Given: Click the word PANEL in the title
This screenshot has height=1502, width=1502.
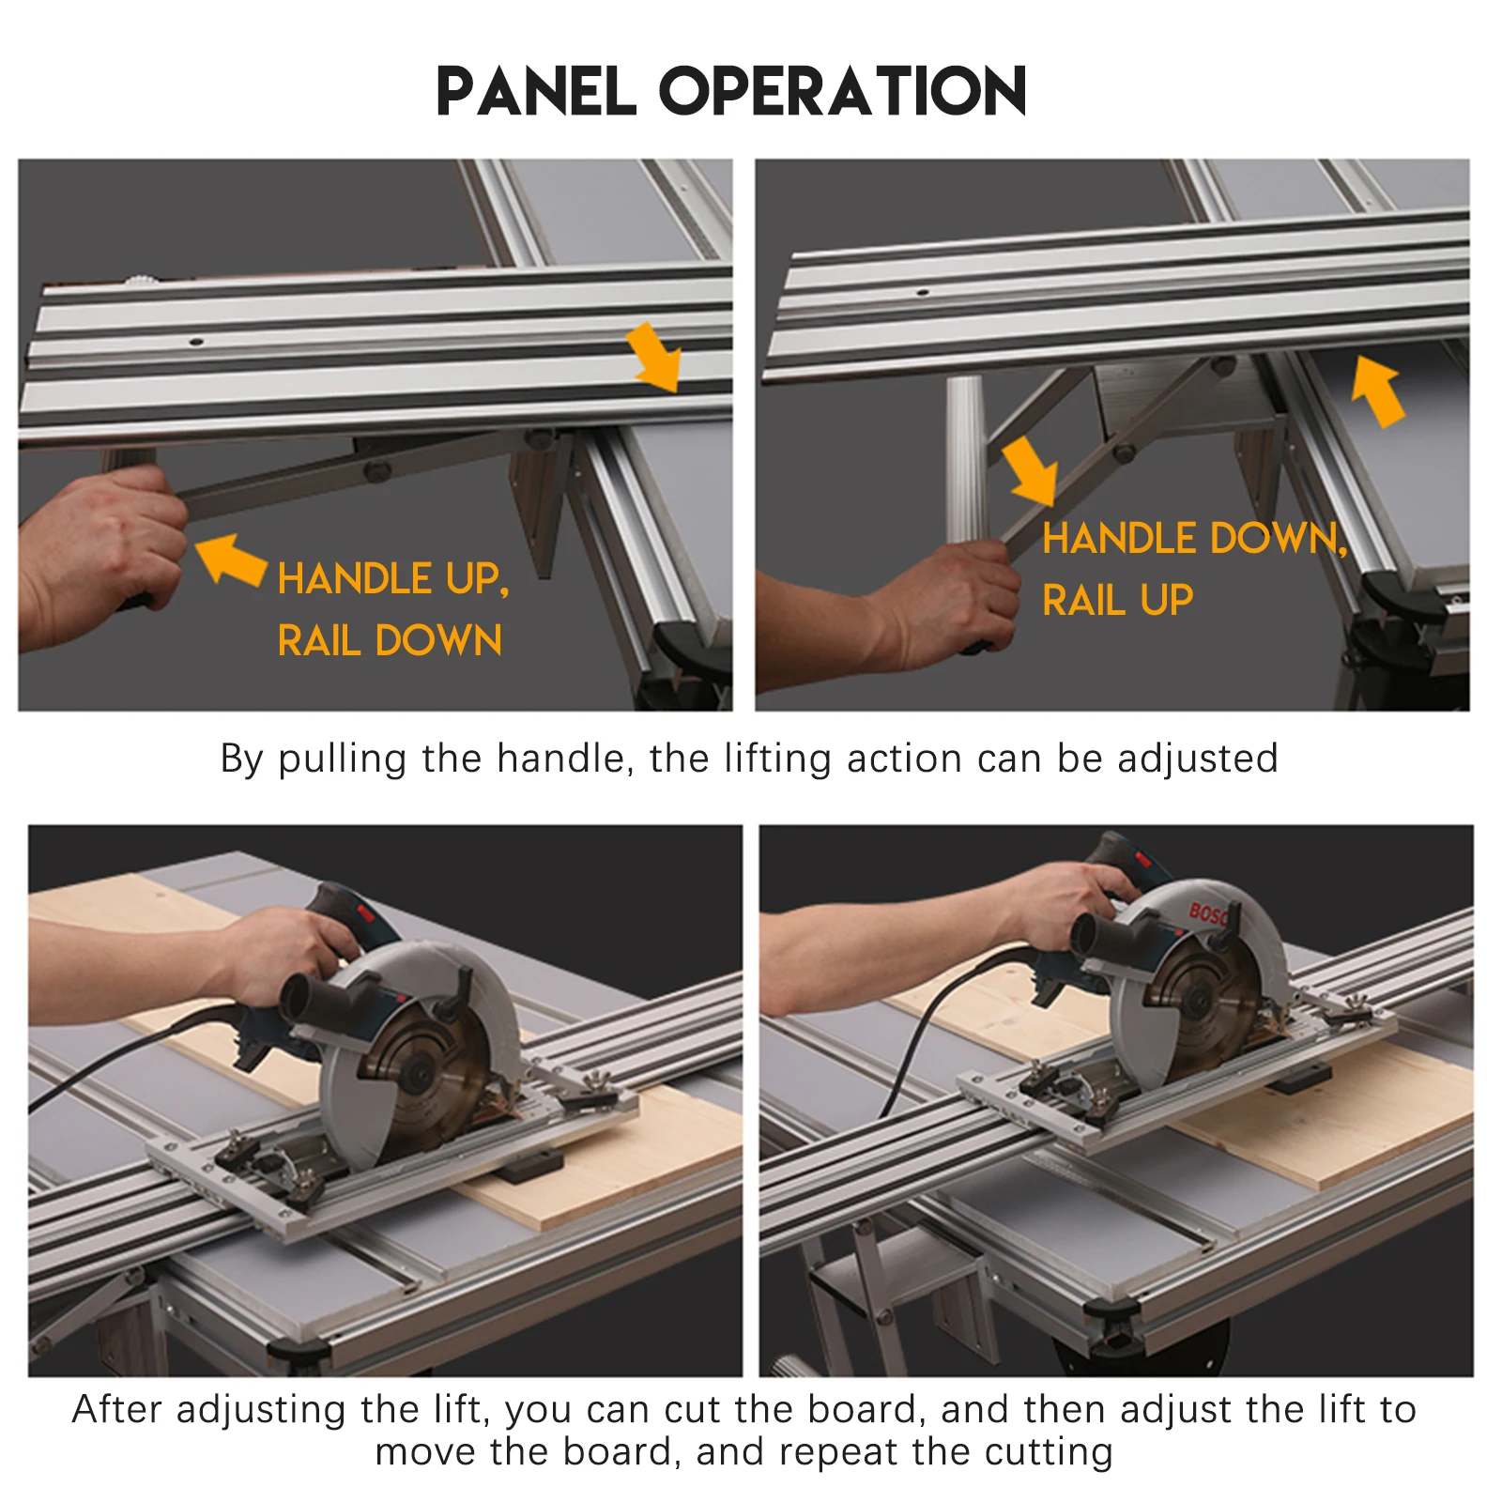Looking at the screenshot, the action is coord(537,91).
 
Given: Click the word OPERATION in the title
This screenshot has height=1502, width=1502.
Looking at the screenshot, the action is coord(843,91).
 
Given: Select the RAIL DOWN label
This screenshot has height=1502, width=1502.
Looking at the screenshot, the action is coord(390,640).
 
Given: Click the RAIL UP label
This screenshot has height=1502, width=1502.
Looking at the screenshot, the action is coord(1118,600).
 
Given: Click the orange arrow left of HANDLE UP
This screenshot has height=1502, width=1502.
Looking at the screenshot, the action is coord(231,559).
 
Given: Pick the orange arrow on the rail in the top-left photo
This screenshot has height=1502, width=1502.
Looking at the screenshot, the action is coord(653,357).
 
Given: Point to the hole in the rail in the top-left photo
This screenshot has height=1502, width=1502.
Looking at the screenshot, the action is coord(196,342).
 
